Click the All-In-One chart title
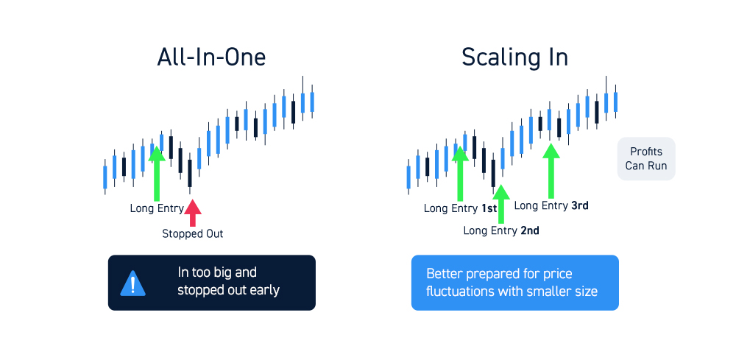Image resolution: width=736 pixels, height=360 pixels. tap(211, 57)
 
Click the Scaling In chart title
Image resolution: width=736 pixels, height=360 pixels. tap(514, 57)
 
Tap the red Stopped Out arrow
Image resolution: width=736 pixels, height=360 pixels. tap(192, 213)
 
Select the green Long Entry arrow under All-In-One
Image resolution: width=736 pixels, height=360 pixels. tap(157, 174)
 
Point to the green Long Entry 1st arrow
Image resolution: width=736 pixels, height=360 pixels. tap(460, 174)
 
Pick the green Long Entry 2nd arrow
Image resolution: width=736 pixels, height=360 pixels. tap(501, 204)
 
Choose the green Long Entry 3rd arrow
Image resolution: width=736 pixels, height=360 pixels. tap(551, 171)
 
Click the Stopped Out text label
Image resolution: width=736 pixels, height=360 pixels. tap(192, 233)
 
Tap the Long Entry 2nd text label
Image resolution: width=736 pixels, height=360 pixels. tap(500, 230)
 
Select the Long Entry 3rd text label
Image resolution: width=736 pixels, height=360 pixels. tap(551, 205)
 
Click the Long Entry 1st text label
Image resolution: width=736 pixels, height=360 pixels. tap(460, 208)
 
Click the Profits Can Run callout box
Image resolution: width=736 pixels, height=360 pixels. tap(646, 158)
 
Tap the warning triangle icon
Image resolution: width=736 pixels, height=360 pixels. tap(132, 283)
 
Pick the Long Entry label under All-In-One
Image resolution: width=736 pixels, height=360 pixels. tap(157, 208)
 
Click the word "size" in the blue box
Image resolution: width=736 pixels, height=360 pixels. tap(587, 292)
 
